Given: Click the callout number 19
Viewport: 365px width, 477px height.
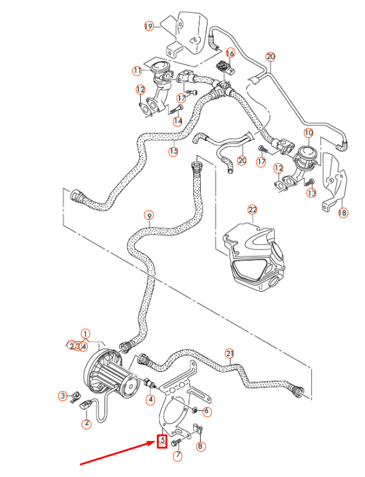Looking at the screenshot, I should point(148,26).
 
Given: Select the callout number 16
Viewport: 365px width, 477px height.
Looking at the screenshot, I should point(230,53).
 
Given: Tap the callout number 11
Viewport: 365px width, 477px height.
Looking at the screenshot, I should point(138,72).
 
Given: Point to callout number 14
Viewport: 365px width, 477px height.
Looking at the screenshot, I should point(178,121).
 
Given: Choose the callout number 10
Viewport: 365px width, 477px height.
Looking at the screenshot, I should point(308,133).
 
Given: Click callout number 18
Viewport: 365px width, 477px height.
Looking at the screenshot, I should point(343,213).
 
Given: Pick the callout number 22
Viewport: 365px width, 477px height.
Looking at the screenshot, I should point(252,209).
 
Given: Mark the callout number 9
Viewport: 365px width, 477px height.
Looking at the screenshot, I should point(148,216).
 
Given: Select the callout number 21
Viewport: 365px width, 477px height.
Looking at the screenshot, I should point(230,354).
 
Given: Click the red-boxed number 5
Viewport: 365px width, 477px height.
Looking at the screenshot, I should point(162,441).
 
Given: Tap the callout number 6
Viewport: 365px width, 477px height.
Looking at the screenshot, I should point(207,412).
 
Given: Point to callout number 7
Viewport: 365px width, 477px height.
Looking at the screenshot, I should point(178,457).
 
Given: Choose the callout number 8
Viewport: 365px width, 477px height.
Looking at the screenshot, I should point(200,446).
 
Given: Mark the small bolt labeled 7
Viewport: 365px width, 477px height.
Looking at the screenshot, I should point(175,442).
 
